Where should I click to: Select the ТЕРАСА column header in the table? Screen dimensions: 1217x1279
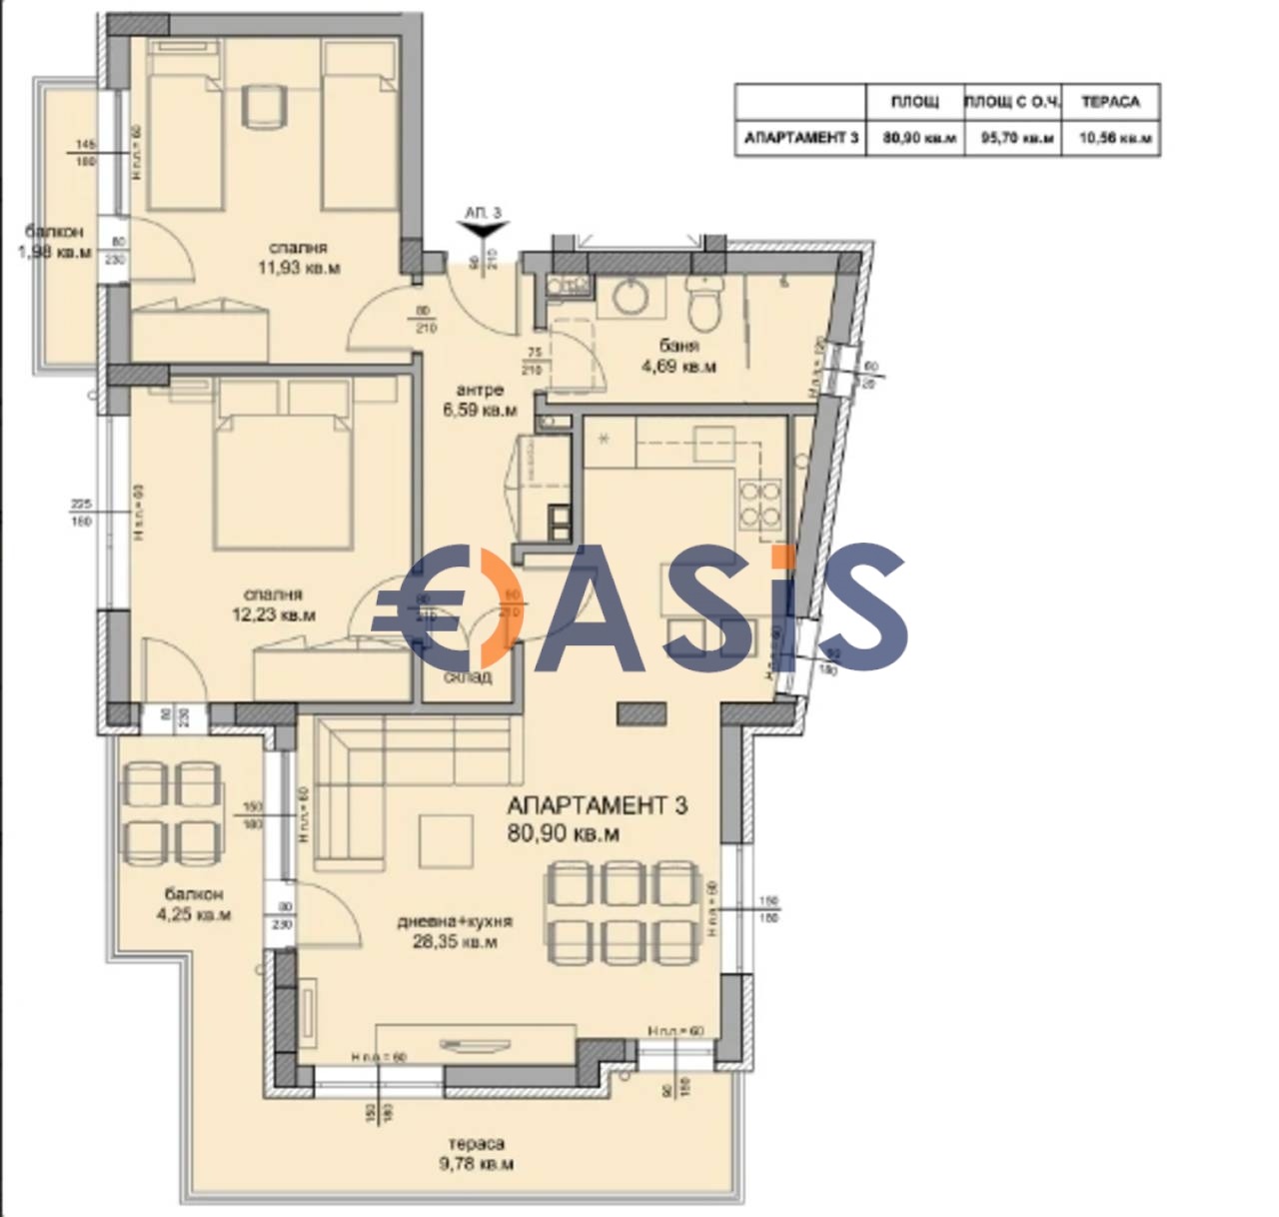tap(1109, 102)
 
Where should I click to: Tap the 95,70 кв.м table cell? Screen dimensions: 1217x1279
tap(1017, 138)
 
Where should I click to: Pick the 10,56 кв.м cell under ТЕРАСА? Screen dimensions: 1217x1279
tap(1114, 138)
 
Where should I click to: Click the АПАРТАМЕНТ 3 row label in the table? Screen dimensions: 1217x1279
tap(800, 138)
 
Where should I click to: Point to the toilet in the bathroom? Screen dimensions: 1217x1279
tap(705, 301)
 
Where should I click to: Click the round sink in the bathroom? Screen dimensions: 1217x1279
tap(630, 297)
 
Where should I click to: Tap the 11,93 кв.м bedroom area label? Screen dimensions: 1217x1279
tap(298, 258)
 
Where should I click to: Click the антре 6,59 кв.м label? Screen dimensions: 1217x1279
tap(480, 400)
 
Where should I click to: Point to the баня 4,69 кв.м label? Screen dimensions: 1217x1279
tap(678, 356)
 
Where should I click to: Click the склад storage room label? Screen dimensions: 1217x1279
tap(468, 676)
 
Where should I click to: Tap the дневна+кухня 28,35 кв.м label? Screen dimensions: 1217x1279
tap(455, 931)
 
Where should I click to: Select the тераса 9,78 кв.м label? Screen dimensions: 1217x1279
tap(477, 1153)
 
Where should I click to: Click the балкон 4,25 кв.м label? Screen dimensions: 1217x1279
tap(194, 904)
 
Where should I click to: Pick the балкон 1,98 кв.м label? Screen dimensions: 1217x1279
tap(55, 243)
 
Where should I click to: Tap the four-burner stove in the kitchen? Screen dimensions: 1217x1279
tap(759, 504)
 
